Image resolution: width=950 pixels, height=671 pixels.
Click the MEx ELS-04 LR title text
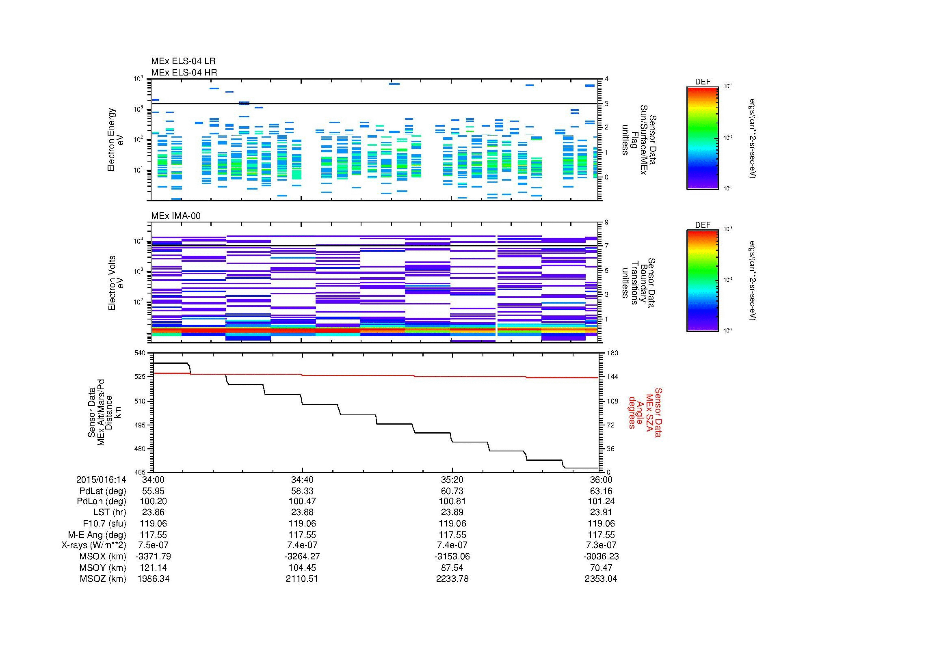tap(183, 61)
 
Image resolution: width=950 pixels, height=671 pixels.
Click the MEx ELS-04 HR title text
tap(184, 72)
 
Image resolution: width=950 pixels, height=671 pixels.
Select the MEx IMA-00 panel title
tap(175, 216)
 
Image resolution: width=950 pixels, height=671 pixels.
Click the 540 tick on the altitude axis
tap(140, 353)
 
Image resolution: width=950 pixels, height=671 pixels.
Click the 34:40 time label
tap(302, 479)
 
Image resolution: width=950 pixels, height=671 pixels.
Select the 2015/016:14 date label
tap(101, 479)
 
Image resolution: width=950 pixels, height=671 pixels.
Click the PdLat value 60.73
tap(452, 491)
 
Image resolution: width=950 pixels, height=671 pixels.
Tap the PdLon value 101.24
tap(601, 501)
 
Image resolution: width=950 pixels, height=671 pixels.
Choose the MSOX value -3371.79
tap(154, 557)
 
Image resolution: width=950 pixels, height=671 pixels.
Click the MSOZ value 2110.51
tap(302, 579)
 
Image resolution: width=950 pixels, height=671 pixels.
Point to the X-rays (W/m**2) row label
tap(93, 545)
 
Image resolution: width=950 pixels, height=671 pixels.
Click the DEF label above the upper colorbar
tap(702, 82)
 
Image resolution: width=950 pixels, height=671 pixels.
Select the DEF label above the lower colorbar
tap(702, 225)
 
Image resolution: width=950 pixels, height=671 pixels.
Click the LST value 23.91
tap(601, 512)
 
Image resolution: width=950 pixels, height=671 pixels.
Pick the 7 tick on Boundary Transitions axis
tap(606, 246)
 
